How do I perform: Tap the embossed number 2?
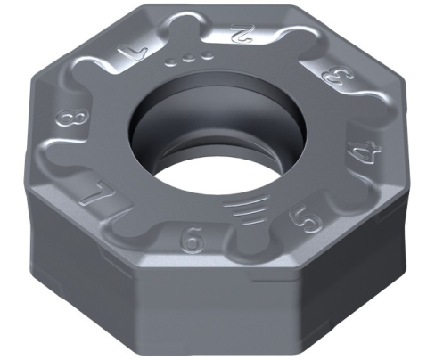(x=239, y=37)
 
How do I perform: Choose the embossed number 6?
(x=189, y=240)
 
